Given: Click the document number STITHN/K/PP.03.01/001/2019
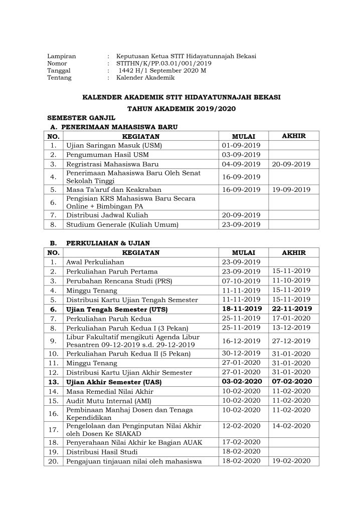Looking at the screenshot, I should click(163, 64).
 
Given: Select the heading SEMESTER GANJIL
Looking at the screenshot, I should click(75, 117).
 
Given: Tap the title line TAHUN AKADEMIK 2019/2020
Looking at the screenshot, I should click(181, 108).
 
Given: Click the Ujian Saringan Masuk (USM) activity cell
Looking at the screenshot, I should click(114, 145).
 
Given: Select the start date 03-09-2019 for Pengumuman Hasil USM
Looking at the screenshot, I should click(241, 155).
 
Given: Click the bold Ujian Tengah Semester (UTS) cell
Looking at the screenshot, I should click(116, 310).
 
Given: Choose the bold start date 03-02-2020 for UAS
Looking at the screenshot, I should click(241, 382).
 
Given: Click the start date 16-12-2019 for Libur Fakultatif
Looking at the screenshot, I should click(241, 342).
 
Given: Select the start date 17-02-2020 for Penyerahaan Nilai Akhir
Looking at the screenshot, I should click(241, 442).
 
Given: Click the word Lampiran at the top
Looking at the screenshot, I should click(61, 56).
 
